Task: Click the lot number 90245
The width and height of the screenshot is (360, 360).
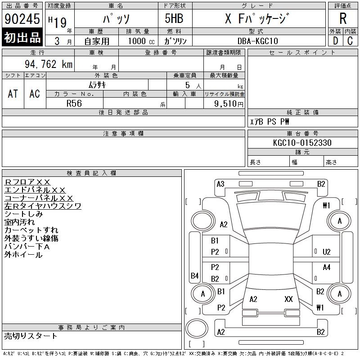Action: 22,19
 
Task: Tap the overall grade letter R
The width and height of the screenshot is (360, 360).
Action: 343,18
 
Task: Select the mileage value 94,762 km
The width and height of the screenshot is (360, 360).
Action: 49,64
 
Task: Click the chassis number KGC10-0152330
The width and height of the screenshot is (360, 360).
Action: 302,143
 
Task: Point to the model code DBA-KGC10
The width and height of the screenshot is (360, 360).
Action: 257,41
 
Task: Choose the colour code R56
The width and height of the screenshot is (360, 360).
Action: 74,103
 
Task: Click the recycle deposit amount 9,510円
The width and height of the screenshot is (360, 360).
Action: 229,104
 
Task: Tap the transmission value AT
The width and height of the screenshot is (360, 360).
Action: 13,94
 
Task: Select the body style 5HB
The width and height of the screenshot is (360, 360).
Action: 174,18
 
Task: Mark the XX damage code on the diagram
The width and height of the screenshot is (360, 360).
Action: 288,299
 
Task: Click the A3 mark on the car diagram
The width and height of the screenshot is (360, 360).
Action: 220,184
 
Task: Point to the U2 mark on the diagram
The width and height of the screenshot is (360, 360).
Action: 327,252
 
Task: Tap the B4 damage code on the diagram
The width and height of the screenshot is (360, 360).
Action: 194,275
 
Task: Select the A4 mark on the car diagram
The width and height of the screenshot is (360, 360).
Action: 327,267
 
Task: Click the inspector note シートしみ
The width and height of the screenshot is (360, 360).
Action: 24,214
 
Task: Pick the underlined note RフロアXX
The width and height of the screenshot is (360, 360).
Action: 27,182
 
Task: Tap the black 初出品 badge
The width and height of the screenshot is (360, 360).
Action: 22,37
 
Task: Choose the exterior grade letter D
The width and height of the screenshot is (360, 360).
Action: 335,41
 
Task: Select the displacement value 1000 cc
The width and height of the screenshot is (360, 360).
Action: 141,41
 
